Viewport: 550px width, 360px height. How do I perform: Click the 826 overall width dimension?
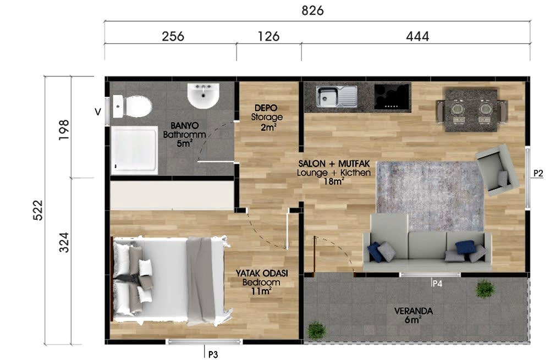[x=312, y=10]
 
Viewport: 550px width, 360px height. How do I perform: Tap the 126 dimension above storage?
[x=269, y=36]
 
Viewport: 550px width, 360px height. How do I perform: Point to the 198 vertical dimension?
[x=64, y=130]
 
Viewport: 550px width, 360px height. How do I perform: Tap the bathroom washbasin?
[x=203, y=95]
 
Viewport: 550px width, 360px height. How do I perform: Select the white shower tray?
[x=134, y=150]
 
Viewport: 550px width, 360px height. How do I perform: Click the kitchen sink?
[x=337, y=96]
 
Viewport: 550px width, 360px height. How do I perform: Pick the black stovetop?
[x=392, y=96]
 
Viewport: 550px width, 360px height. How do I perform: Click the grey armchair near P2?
[x=497, y=170]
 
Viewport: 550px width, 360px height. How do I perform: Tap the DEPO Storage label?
[x=266, y=118]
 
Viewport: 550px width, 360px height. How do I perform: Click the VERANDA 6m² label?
[x=413, y=315]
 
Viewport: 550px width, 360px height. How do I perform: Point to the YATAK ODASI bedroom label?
[x=262, y=282]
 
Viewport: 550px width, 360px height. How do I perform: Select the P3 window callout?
[x=213, y=355]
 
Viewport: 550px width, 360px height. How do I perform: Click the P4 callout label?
[x=437, y=283]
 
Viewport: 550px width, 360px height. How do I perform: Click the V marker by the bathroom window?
[x=98, y=112]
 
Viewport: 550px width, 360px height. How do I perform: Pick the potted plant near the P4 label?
[x=485, y=289]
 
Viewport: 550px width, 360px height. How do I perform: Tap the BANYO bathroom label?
[x=184, y=134]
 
